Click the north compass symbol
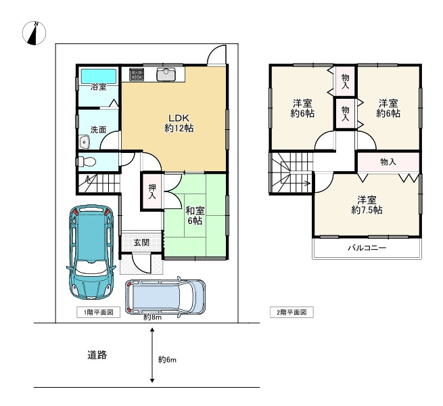(34, 32)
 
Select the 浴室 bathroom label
(98, 87)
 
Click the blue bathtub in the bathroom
(98, 74)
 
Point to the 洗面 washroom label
(99, 129)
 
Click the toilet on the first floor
(86, 162)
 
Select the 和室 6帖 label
(195, 215)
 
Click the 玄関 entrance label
(141, 243)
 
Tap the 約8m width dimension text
(151, 316)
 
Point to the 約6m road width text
(167, 359)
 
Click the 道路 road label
(97, 355)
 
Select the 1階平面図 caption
(99, 313)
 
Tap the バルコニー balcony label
(367, 248)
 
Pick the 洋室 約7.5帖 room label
(367, 205)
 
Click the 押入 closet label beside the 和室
(151, 191)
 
